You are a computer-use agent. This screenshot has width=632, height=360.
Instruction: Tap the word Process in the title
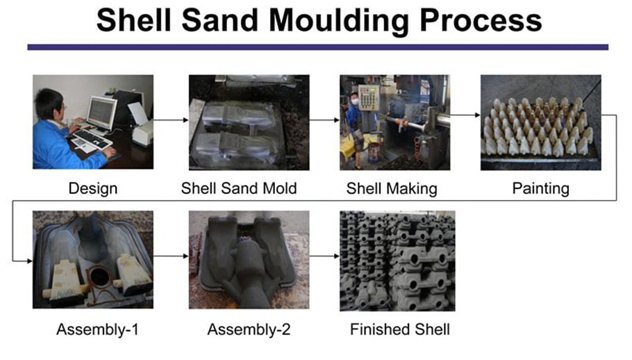click(x=481, y=21)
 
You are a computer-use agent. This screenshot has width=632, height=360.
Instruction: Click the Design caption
click(x=92, y=188)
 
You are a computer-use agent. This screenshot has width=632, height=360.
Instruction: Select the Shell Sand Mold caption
click(x=239, y=188)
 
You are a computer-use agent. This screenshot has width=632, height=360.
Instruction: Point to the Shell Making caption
click(x=392, y=188)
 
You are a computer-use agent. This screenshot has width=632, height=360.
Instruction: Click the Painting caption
click(x=540, y=188)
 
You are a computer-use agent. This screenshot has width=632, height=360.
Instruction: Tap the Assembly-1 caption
click(x=97, y=329)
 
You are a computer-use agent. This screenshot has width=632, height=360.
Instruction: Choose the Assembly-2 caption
click(x=249, y=329)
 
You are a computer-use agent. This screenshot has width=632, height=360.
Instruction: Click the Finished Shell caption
click(x=400, y=329)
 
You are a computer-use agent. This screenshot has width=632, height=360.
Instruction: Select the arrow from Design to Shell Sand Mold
click(x=171, y=120)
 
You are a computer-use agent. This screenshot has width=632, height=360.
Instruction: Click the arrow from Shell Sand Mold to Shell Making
click(x=324, y=120)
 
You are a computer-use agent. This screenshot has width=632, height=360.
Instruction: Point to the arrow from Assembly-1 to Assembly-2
click(x=171, y=256)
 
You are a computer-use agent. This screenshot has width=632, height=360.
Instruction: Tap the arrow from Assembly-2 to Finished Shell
click(x=324, y=256)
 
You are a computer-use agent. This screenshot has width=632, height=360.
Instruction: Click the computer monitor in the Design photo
click(x=101, y=113)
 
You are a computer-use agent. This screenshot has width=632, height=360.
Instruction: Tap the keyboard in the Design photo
click(x=92, y=138)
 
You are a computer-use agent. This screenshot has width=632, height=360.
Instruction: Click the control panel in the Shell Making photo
click(x=369, y=98)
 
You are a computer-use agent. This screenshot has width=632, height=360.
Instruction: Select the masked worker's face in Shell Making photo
click(x=355, y=99)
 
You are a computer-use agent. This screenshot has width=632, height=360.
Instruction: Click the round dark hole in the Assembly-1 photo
click(x=99, y=277)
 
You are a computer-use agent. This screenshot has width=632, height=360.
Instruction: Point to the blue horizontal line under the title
click(x=317, y=47)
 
